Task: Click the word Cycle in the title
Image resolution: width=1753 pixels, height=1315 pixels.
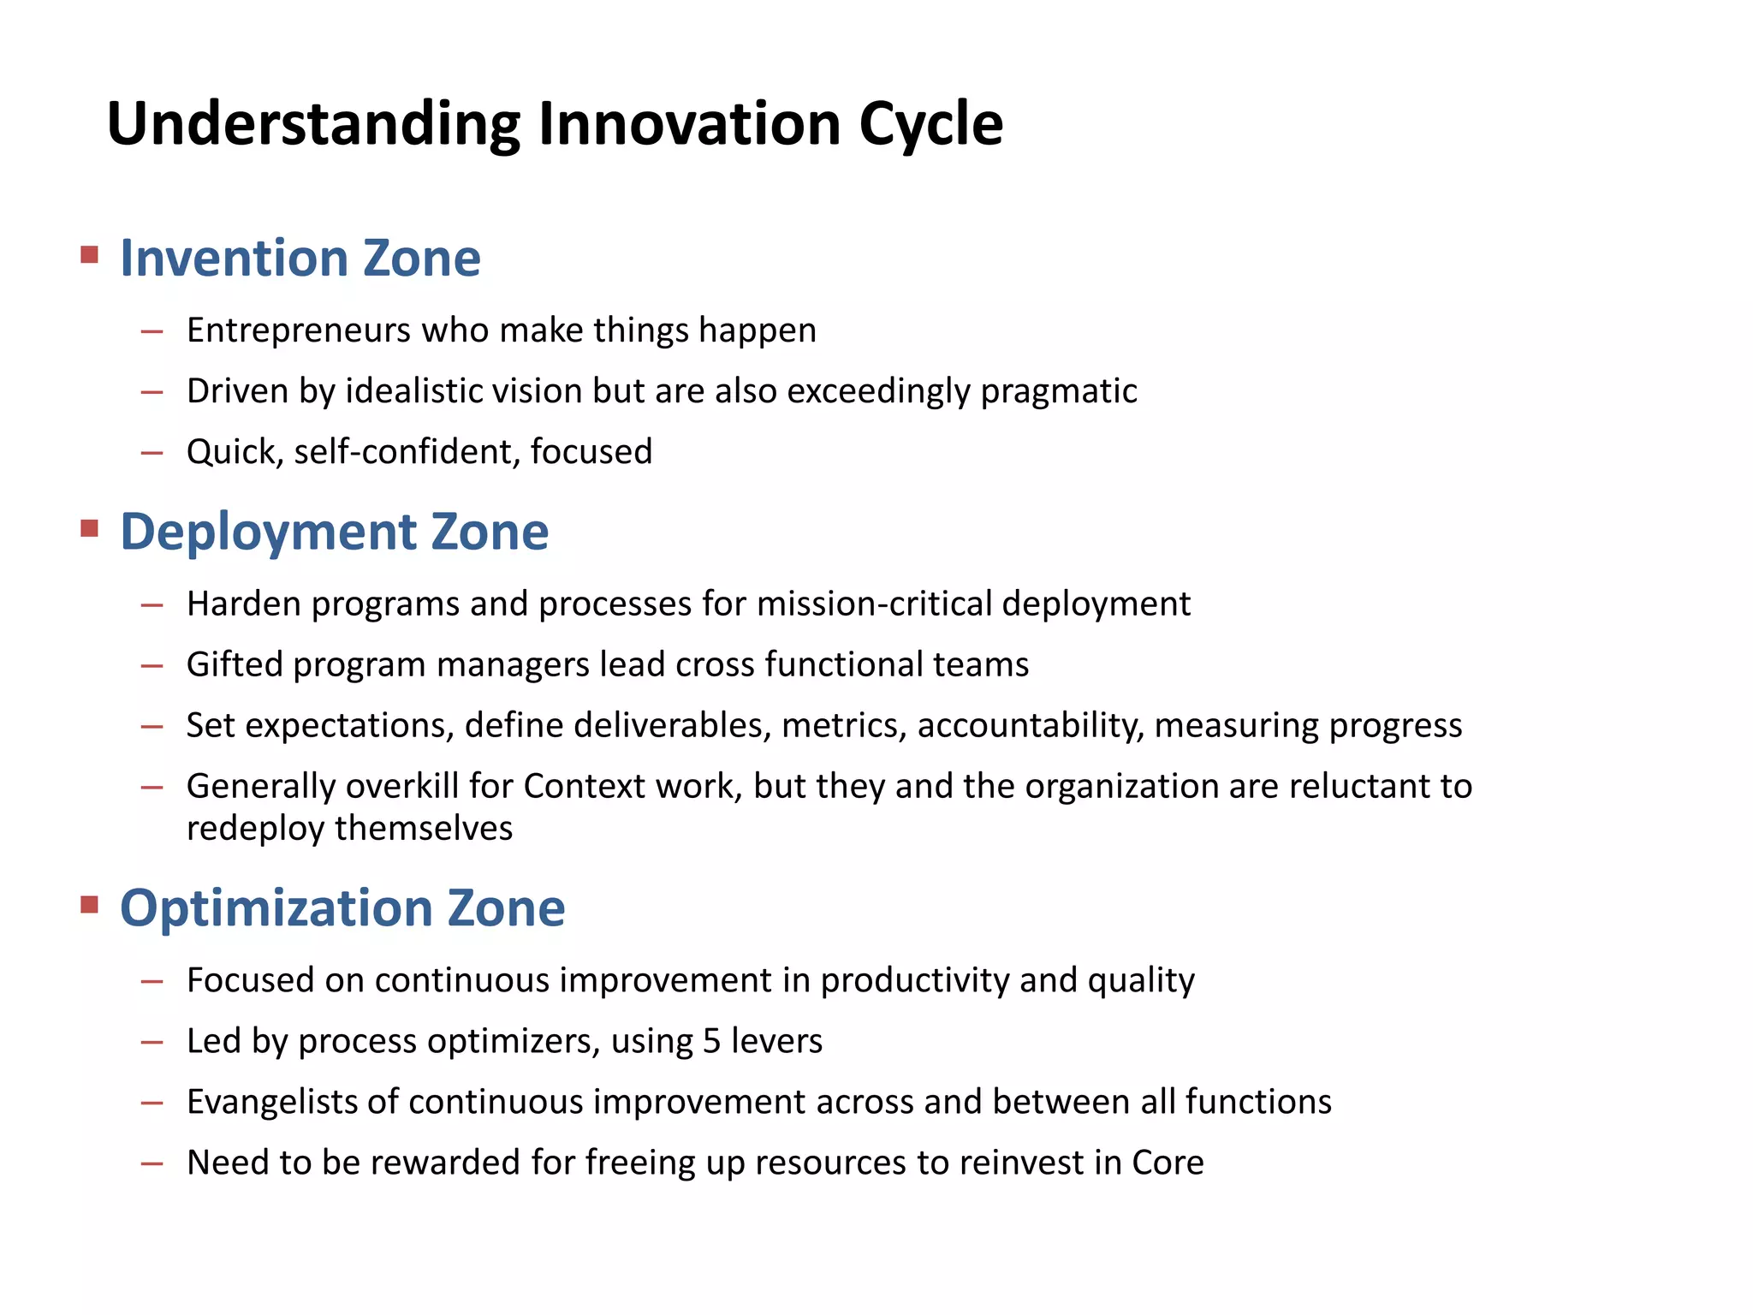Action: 930,125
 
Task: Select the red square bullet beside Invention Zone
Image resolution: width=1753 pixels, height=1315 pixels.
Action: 89,254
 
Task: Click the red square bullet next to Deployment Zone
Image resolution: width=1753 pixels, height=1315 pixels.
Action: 89,527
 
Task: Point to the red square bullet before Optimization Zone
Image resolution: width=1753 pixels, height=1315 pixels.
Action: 89,904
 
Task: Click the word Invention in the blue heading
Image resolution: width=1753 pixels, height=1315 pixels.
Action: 234,258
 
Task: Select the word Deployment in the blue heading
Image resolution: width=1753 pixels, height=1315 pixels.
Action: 267,532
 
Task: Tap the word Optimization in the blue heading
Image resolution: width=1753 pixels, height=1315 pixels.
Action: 276,907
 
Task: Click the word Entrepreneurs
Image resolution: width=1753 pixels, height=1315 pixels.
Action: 299,330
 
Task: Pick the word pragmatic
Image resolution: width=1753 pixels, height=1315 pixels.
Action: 1058,391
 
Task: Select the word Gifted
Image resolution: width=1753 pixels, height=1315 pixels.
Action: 234,664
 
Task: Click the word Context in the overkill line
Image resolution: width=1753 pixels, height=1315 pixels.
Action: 585,786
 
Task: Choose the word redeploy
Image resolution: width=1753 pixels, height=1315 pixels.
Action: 256,829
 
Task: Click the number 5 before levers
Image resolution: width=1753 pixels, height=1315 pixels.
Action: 711,1041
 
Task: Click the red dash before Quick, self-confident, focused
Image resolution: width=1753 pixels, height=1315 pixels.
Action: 152,453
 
